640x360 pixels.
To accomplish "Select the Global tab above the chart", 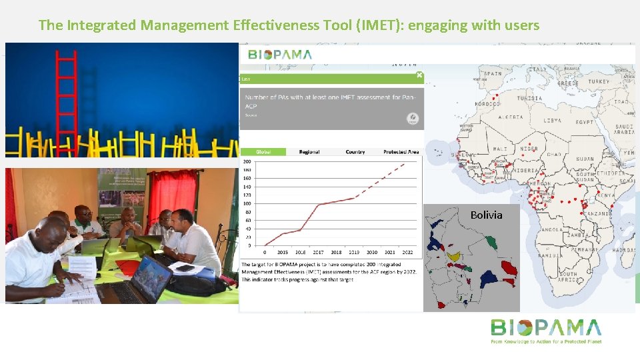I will (263, 152).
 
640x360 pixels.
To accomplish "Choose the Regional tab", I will (309, 152).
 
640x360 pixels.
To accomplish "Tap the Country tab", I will (355, 152).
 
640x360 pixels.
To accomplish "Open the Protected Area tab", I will (401, 152).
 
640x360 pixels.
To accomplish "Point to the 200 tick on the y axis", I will (247, 161).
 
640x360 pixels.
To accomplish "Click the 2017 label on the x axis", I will (317, 253).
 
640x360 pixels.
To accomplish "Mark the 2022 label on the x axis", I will (407, 253).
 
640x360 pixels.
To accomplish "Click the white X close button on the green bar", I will (419, 75).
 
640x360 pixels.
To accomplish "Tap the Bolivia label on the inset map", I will (486, 215).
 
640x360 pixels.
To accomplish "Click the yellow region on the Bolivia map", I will (454, 256).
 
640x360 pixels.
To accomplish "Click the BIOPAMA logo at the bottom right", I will (545, 330).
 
